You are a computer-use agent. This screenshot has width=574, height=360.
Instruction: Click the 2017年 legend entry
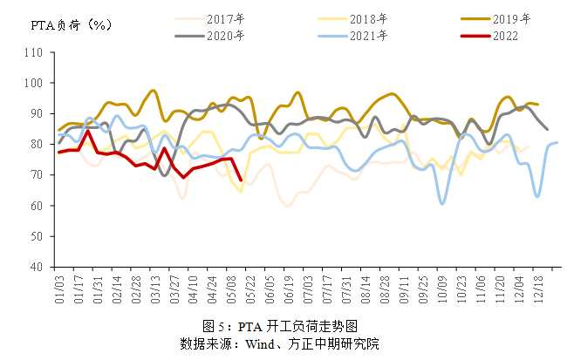coord(224,17)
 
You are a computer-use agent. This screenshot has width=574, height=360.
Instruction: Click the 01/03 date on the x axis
coord(59,288)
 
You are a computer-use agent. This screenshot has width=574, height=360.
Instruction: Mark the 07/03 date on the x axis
coord(308,288)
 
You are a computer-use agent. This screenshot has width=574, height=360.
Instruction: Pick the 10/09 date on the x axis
coord(442,288)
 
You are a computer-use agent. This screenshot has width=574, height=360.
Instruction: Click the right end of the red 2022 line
coord(240,180)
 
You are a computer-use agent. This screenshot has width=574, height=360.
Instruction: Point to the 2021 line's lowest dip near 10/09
coord(442,203)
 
